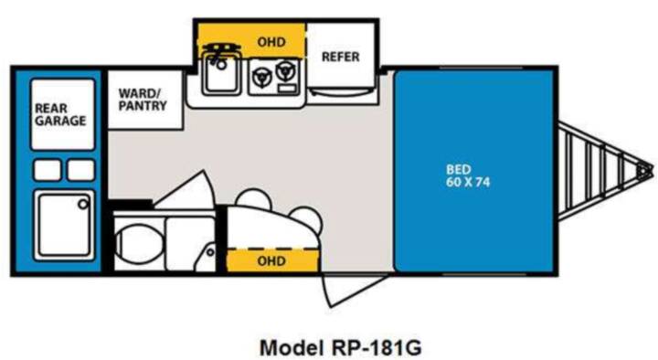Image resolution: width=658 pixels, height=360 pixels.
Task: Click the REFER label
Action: click(340, 57)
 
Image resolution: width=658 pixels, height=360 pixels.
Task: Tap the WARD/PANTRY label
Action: click(143, 100)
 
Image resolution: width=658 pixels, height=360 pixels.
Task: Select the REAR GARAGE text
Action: click(60, 114)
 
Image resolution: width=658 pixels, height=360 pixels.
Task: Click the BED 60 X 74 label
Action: click(468, 175)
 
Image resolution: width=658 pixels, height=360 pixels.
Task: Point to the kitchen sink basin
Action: click(221, 76)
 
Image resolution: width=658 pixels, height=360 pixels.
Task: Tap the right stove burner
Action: click(285, 70)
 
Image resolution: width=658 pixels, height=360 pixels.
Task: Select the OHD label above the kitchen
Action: click(271, 42)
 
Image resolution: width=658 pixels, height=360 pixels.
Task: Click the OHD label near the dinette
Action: click(271, 261)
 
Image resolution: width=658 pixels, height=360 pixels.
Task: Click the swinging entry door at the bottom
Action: click(350, 290)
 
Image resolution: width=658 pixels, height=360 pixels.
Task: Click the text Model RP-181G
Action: click(340, 347)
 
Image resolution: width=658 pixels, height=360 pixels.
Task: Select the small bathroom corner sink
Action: click(207, 257)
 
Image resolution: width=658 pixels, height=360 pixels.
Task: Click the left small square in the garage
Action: click(48, 170)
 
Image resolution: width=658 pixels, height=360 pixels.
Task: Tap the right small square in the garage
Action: click(81, 170)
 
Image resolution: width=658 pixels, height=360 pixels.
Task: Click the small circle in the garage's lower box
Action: click(83, 205)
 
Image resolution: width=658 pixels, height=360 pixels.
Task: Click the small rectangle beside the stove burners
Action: click(288, 88)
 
